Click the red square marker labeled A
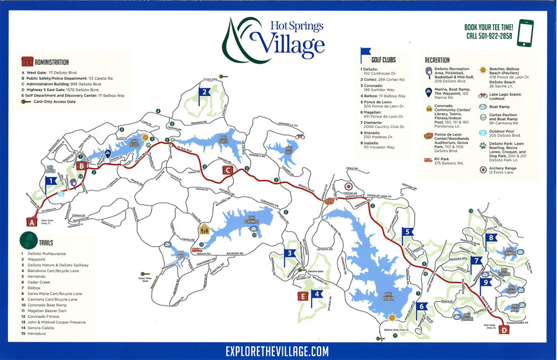[32, 221]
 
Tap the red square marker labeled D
[504, 331]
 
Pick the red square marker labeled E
[303, 296]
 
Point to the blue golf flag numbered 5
[407, 233]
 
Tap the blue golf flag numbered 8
[491, 238]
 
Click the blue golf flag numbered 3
[288, 253]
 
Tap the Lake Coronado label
[244, 221]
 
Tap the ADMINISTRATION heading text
[51, 62]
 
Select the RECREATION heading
[437, 60]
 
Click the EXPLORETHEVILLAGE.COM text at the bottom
[277, 351]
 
